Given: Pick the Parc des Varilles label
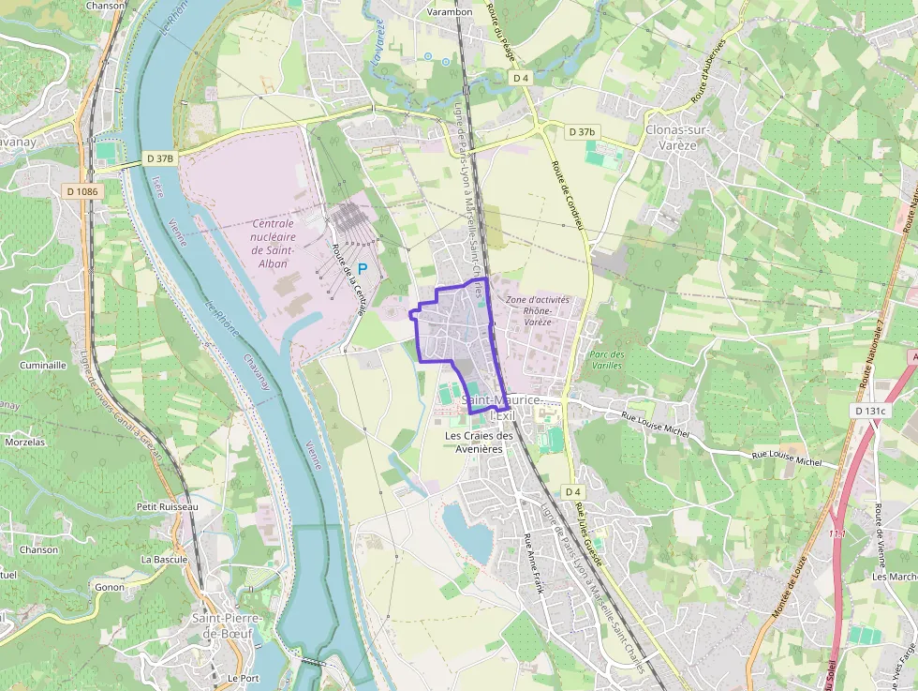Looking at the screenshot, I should tap(607, 360).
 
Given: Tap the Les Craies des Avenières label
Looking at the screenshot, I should tap(479, 442).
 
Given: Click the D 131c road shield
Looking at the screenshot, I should tap(871, 411).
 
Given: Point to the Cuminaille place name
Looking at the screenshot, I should tap(43, 365).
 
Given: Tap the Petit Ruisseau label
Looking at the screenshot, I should tap(168, 506).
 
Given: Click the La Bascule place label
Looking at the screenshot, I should tap(164, 559).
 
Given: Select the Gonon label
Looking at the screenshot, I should tap(110, 587).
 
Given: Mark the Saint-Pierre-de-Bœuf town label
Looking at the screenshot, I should tap(227, 625).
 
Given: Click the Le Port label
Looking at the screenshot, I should tap(243, 677).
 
